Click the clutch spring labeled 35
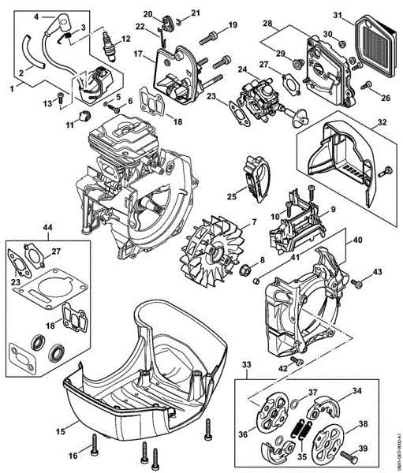(x=300, y=430)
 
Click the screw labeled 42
(x=296, y=360)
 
